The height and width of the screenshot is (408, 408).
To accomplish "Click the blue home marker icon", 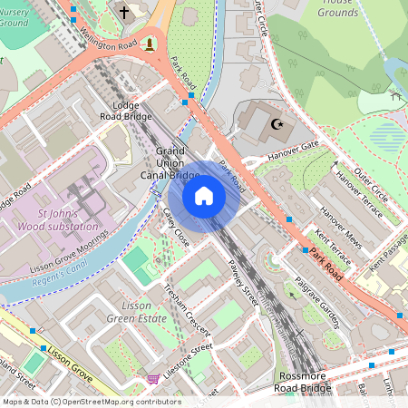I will [x=204, y=196].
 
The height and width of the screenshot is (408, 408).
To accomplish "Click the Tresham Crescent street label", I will [x=185, y=307].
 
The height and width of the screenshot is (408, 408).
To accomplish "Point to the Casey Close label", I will [x=176, y=227].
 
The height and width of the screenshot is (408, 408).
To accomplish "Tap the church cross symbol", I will [x=123, y=13].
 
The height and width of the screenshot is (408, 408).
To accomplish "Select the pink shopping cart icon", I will [x=153, y=378].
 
